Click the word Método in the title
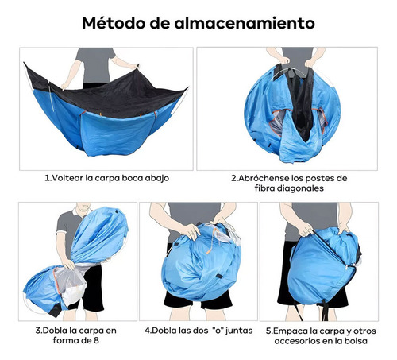[x=114, y=23]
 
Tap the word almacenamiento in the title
[x=245, y=23]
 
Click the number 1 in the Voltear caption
[x=47, y=178]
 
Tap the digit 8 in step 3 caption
[x=96, y=340]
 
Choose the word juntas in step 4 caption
[x=239, y=331]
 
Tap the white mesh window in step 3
[x=69, y=285]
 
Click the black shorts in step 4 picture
[x=198, y=300]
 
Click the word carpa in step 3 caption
[x=91, y=331]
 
